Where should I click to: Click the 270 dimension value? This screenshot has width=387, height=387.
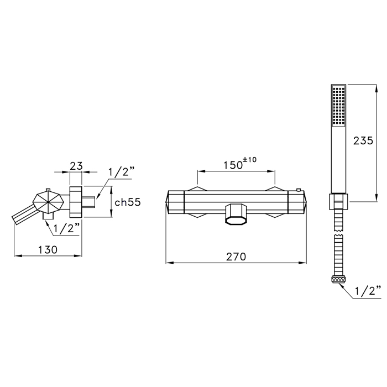236,257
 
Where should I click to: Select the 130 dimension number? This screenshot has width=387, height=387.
48,250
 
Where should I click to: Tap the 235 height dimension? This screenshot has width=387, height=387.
363,140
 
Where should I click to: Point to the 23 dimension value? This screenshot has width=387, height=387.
76,166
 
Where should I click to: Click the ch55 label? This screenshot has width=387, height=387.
128,202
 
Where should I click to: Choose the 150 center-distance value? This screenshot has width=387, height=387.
233,165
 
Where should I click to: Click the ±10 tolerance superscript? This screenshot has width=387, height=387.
250,160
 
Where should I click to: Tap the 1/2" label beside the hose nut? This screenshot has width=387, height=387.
368,291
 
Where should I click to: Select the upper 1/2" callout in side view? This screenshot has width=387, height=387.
122,172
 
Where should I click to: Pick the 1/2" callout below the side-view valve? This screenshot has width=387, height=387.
66,229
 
